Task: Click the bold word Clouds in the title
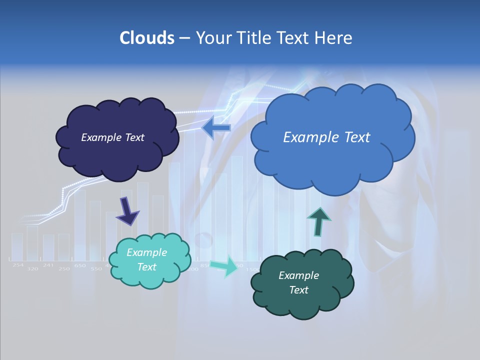click(x=146, y=38)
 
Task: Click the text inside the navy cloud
click(x=112, y=137)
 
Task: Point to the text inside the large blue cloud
click(x=326, y=137)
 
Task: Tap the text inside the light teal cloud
click(x=146, y=259)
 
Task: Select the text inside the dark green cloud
click(x=298, y=282)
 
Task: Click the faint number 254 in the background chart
click(x=18, y=265)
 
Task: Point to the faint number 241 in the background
click(x=48, y=265)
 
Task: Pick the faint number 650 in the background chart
click(x=80, y=266)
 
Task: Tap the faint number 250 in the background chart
click(x=64, y=269)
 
